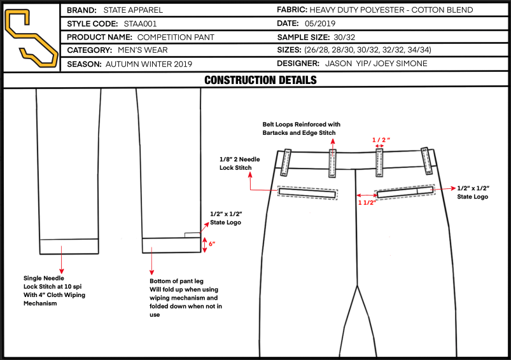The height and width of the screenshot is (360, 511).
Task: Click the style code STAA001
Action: click(140, 24)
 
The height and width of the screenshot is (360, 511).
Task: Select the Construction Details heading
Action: click(260, 80)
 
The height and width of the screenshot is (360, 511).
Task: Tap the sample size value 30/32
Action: click(344, 37)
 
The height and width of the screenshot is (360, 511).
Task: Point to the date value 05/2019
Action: click(320, 24)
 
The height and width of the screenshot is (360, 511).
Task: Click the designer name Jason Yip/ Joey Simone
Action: click(376, 63)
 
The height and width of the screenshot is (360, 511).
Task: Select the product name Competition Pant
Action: click(176, 37)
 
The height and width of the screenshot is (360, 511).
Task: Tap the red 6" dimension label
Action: click(212, 244)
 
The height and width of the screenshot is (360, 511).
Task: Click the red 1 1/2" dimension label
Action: click(367, 203)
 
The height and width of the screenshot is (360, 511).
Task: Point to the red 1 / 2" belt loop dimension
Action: click(381, 140)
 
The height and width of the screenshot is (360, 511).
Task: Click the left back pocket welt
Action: click(307, 193)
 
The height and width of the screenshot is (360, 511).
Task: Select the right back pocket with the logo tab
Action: click(405, 192)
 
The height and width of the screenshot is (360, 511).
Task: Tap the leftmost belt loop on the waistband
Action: click(286, 163)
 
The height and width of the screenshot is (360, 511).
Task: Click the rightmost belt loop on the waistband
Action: click(426, 161)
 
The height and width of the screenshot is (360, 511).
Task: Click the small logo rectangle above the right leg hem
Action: click(192, 235)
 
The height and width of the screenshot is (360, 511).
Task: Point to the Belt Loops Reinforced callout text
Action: click(301, 128)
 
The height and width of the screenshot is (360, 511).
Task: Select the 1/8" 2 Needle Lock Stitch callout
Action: click(239, 163)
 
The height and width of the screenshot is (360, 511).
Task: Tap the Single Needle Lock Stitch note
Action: click(54, 291)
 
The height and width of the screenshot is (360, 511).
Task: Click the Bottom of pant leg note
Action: click(186, 298)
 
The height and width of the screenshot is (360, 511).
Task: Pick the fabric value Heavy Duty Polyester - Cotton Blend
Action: click(391, 10)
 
